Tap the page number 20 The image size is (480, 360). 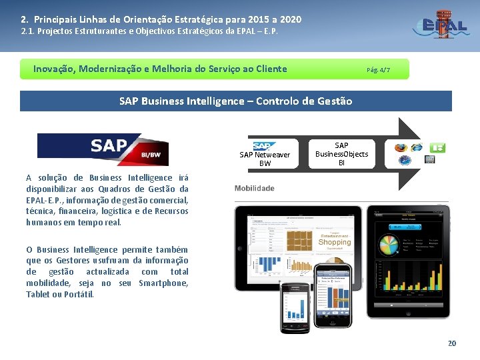452,343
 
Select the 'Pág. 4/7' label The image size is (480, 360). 378,69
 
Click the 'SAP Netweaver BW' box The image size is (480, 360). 265,154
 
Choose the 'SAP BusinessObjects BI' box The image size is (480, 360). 341,154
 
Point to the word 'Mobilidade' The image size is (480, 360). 255,189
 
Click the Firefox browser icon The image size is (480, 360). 401,147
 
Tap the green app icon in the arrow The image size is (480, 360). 438,147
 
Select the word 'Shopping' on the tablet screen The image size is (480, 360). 334,243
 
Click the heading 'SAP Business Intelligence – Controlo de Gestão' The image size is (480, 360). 235,101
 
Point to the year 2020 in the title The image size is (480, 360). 290,19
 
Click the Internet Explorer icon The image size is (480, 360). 417,147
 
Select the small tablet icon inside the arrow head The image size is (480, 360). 429,159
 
